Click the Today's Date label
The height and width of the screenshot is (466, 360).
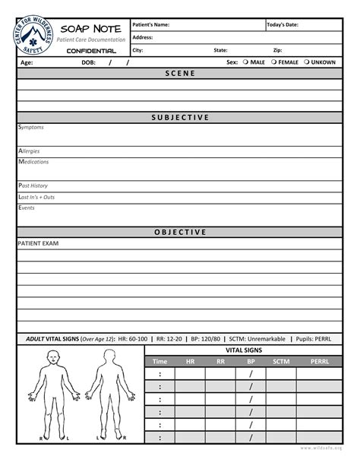(283, 24)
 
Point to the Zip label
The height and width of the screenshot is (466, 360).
(277, 49)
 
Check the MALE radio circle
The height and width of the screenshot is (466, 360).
(246, 62)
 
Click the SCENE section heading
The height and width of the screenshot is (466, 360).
(180, 73)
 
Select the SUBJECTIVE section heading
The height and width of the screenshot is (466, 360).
(180, 118)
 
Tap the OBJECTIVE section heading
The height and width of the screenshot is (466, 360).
(180, 232)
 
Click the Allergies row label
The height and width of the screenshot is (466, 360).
(29, 151)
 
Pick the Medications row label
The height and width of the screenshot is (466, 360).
(33, 162)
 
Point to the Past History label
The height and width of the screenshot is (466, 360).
(33, 185)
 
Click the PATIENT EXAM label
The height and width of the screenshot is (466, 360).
(38, 243)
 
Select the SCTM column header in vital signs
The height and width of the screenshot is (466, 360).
(282, 361)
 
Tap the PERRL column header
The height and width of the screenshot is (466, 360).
(320, 361)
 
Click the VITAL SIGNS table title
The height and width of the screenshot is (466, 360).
(244, 350)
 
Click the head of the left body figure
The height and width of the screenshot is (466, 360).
(53, 357)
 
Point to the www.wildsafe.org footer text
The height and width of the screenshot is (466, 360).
(321, 449)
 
